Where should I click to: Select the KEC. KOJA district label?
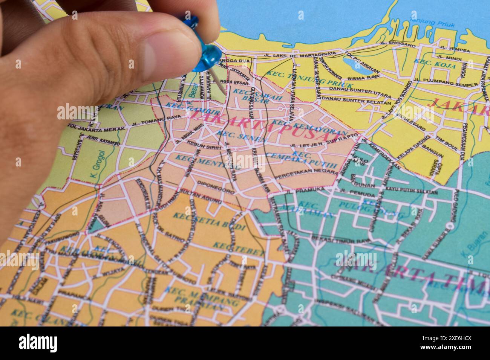[428, 63]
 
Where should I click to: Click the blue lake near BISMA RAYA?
[357, 65]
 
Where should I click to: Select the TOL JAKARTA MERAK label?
[96, 127]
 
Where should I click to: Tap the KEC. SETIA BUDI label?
[209, 222]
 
